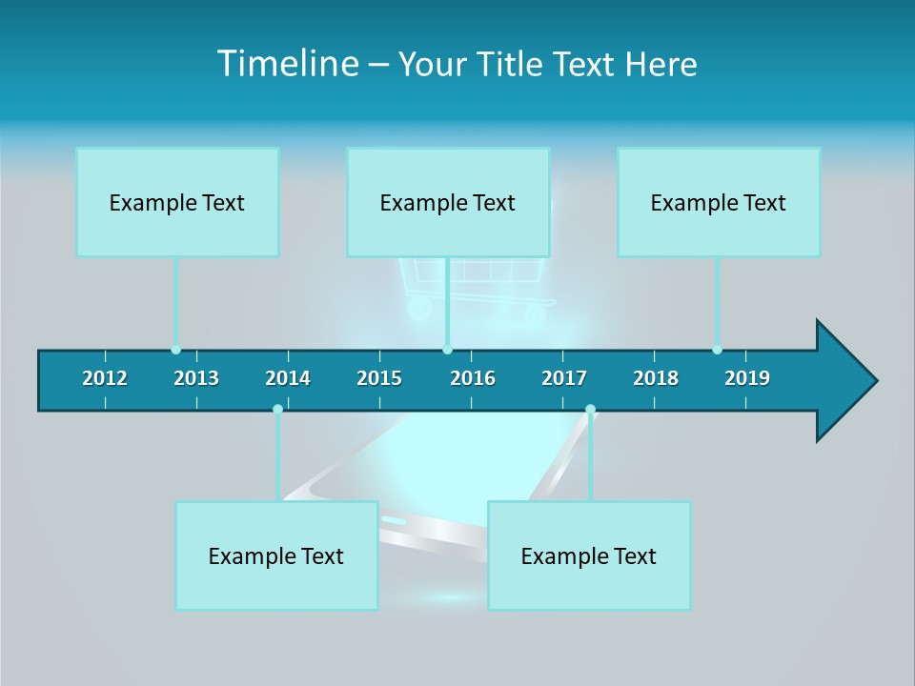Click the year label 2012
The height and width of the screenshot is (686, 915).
tap(105, 378)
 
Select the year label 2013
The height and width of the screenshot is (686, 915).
tap(196, 378)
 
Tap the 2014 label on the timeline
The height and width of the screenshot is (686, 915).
tap(288, 378)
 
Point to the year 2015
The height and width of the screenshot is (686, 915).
tap(379, 378)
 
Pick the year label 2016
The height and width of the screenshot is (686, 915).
tap(473, 378)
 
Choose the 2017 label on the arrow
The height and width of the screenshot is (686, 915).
tap(564, 378)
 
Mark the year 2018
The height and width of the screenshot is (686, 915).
tap(656, 378)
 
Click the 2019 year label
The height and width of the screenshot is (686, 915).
tap(747, 378)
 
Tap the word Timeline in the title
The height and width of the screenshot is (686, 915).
tap(286, 64)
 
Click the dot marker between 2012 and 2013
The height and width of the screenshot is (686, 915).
tap(175, 350)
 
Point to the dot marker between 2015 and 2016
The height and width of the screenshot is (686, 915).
tap(447, 350)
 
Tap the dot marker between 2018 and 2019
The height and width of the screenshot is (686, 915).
tap(717, 350)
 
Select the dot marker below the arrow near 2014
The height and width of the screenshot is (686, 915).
tap(277, 410)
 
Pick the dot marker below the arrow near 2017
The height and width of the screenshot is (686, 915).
tap(590, 410)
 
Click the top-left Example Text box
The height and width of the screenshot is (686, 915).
tap(177, 202)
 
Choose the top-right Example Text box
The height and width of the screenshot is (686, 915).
tap(719, 202)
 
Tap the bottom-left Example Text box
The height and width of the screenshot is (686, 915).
tap(276, 555)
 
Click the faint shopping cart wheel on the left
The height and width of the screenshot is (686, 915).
tap(417, 309)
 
